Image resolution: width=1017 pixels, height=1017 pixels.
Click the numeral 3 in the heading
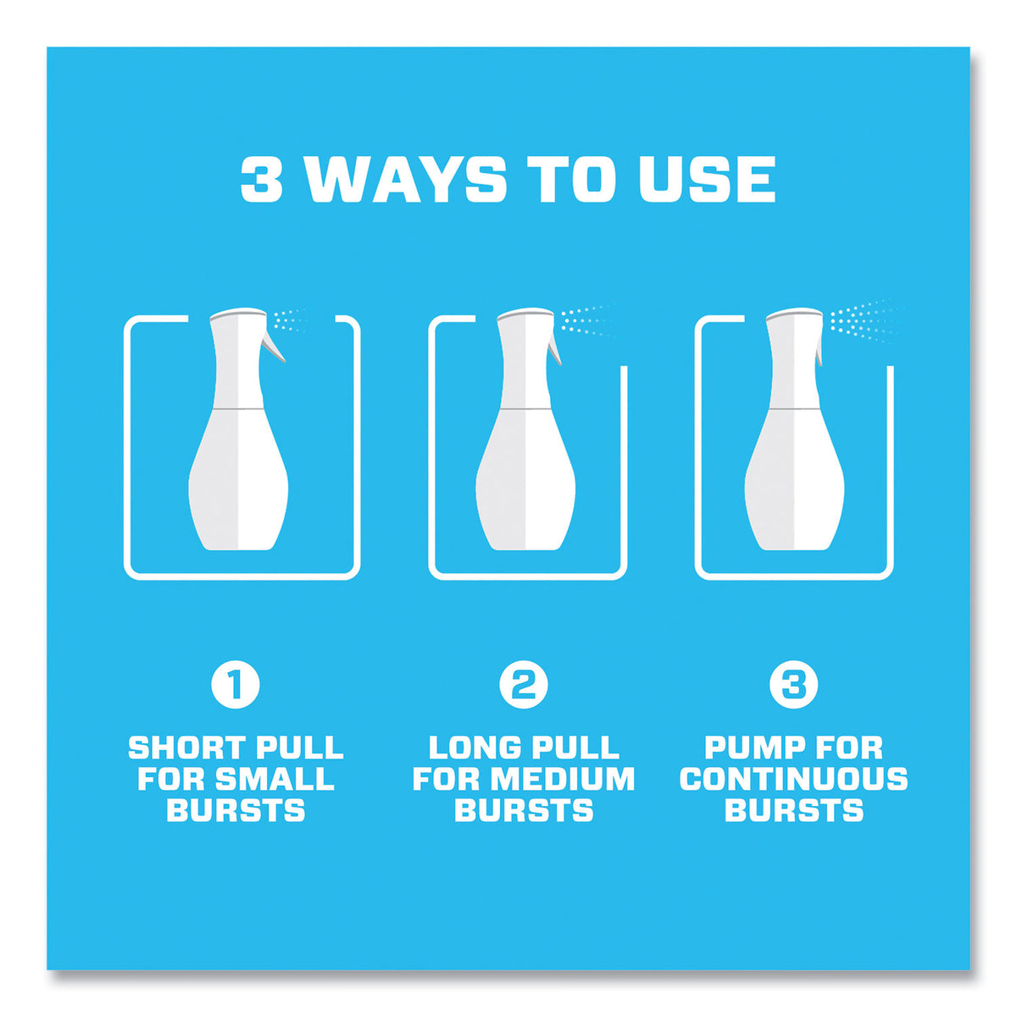point(261,180)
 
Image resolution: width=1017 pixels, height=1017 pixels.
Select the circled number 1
point(236,685)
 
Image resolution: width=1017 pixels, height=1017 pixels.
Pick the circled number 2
point(524,685)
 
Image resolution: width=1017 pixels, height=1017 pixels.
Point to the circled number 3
point(793,685)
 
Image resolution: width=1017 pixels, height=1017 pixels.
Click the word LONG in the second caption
point(471,748)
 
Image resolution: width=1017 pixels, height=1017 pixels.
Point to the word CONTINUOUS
point(793,780)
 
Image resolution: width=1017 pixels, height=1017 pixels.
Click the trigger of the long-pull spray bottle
point(554,347)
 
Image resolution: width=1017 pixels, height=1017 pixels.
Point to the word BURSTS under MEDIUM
point(524,811)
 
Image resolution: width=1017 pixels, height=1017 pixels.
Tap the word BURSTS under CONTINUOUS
point(794,811)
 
